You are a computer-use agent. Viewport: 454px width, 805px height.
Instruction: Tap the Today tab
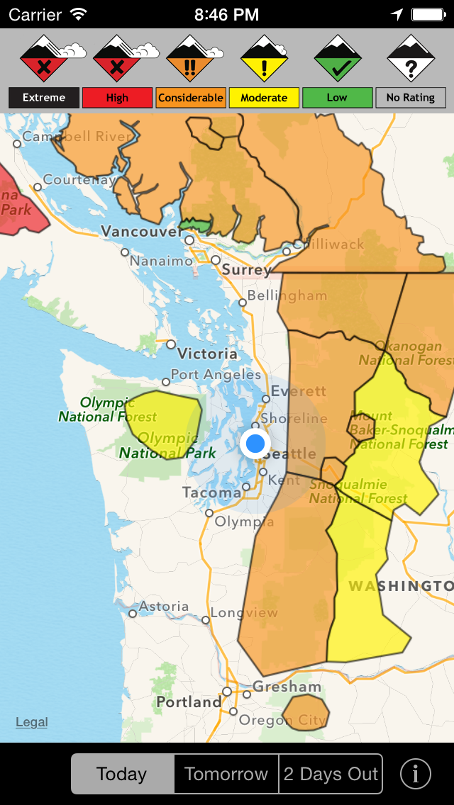click(x=122, y=774)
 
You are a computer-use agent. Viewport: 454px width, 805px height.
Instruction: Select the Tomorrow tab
click(x=226, y=774)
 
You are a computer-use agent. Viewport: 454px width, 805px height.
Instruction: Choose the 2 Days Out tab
click(x=331, y=774)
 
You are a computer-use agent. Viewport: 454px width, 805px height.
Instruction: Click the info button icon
click(x=416, y=774)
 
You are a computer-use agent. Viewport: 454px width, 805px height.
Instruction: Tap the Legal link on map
click(x=32, y=722)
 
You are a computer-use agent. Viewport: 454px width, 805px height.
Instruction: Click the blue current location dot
click(x=255, y=444)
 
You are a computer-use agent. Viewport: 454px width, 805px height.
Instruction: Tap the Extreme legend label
click(x=44, y=98)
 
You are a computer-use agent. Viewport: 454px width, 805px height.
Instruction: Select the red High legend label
click(x=117, y=98)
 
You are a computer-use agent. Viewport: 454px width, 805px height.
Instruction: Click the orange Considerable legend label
click(x=190, y=98)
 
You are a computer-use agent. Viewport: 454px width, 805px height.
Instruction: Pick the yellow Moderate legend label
click(x=263, y=98)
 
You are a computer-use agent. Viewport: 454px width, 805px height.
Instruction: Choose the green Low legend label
click(x=337, y=98)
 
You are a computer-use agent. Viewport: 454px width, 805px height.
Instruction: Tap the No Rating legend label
click(x=410, y=98)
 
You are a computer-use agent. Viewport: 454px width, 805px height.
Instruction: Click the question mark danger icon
click(x=410, y=59)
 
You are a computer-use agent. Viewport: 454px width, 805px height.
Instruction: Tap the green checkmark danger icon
click(x=338, y=59)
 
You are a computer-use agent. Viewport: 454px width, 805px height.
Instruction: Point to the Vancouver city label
click(x=141, y=232)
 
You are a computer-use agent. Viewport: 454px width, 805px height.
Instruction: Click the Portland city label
click(x=189, y=702)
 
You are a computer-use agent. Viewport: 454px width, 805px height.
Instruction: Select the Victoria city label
click(x=207, y=353)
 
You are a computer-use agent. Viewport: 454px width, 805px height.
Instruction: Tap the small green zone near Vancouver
click(x=196, y=225)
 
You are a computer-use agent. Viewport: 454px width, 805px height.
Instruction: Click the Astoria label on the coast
click(x=164, y=607)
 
